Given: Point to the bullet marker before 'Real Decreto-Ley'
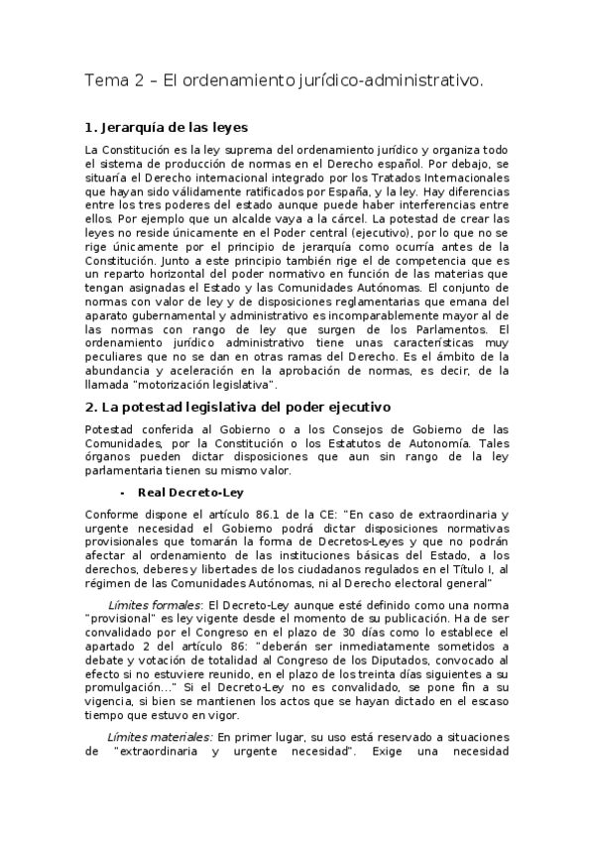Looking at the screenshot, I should click(120, 492).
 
